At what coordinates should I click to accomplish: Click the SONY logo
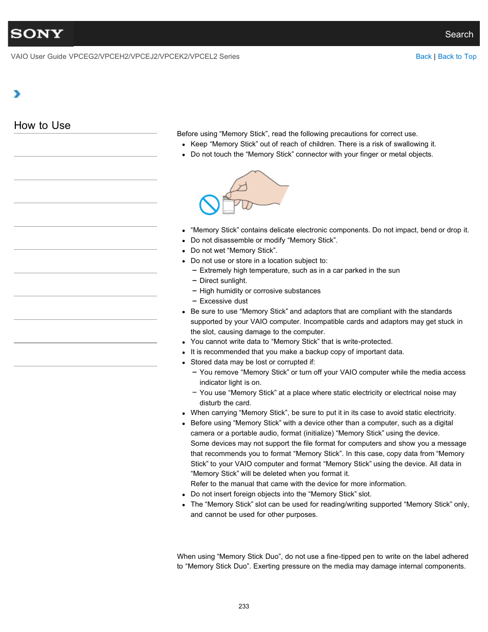(x=37, y=34)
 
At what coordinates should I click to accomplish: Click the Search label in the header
(x=458, y=34)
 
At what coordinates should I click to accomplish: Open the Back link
(x=423, y=56)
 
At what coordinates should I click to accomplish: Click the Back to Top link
(x=457, y=56)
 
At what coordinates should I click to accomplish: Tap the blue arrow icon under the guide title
(x=17, y=94)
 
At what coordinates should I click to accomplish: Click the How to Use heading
(x=42, y=125)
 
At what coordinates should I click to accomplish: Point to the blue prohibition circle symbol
(x=209, y=205)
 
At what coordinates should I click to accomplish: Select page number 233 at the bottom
(x=243, y=606)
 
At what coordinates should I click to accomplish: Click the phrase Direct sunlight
(x=223, y=280)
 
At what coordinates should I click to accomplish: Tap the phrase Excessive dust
(x=224, y=301)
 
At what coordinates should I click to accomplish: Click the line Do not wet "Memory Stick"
(x=234, y=250)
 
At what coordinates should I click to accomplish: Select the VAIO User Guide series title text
(x=125, y=56)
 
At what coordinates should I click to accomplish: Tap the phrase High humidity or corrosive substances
(x=260, y=291)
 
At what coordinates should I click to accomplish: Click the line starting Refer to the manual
(x=298, y=484)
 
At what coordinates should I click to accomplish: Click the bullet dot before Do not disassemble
(x=184, y=241)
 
